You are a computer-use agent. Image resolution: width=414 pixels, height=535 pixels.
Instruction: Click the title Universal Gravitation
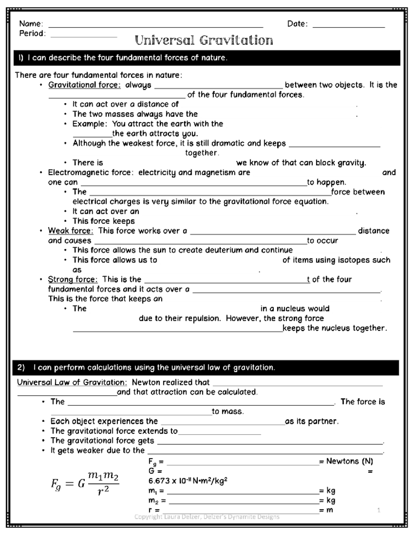coord(204,41)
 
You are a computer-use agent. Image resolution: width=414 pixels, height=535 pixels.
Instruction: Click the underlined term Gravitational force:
coord(84,85)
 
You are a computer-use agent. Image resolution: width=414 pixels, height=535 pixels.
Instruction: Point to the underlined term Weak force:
coord(70,231)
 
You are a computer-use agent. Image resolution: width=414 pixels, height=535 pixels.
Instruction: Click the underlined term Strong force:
coord(73,279)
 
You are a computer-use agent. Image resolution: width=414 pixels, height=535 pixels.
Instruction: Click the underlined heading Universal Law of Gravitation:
coord(72,382)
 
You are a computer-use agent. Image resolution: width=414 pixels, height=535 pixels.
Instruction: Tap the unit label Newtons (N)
coord(349,461)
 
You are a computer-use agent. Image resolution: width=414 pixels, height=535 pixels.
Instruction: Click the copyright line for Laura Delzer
coord(207,517)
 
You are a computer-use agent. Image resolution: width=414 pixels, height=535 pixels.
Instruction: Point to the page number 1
coord(378,510)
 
